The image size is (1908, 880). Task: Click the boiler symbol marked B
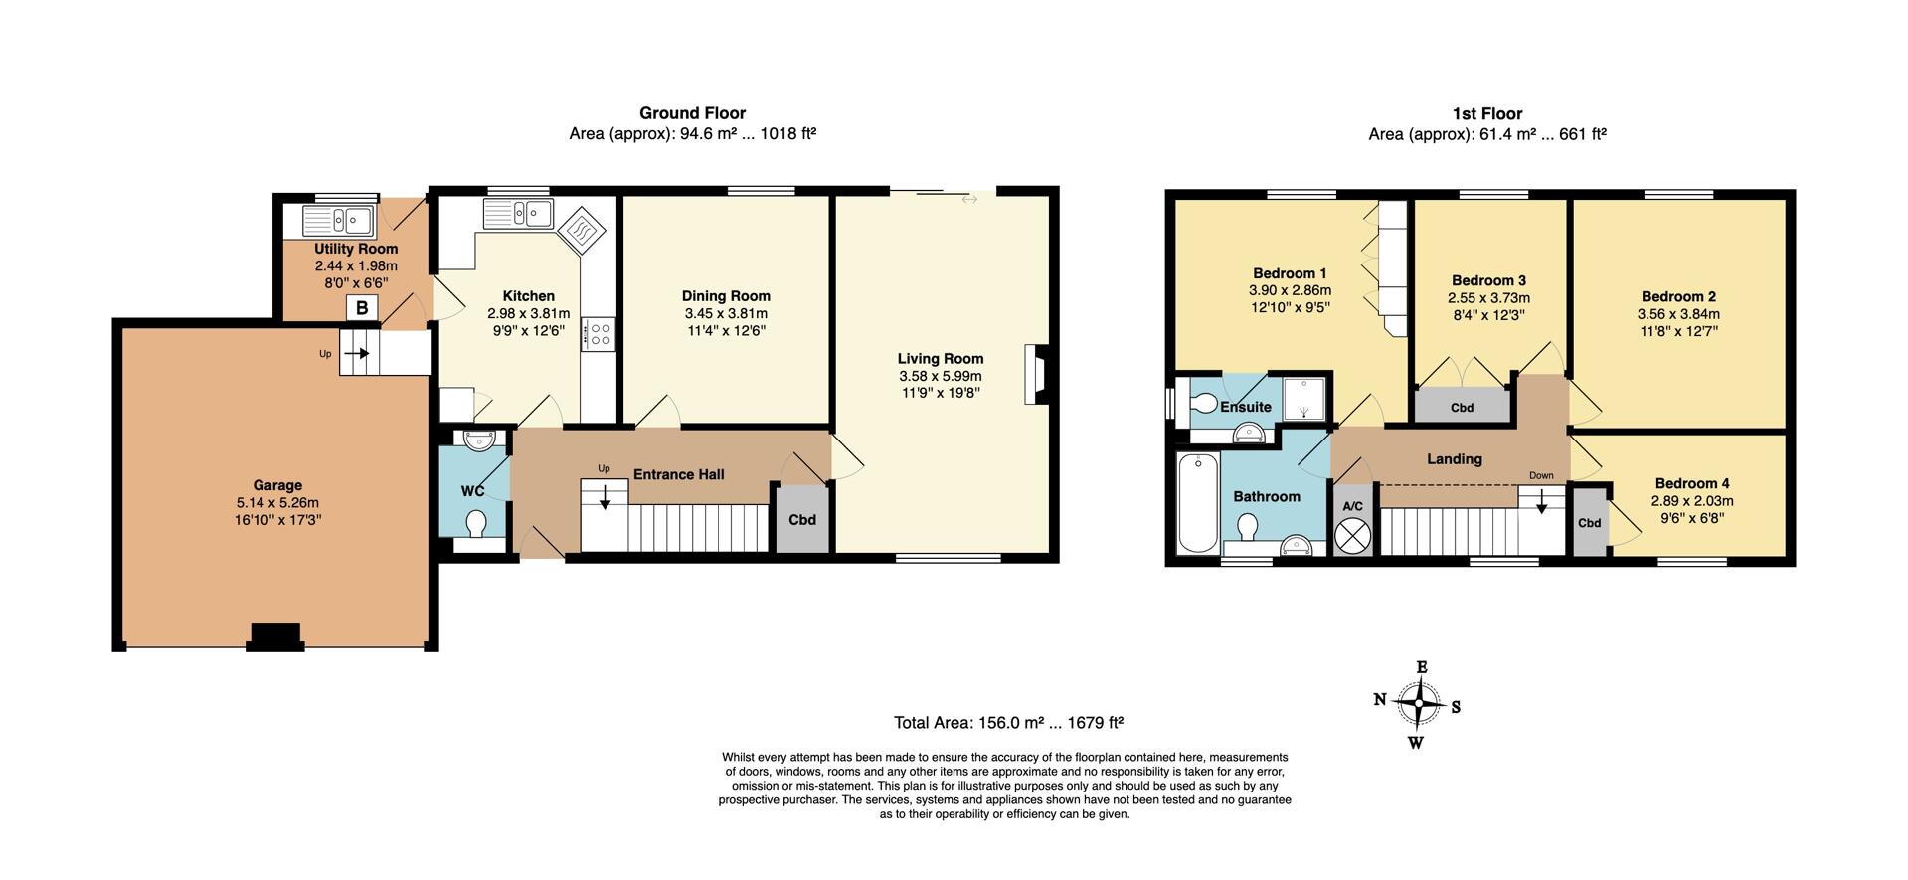[362, 308]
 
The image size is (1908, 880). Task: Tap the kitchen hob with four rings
[601, 333]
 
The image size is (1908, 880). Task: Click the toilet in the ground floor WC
[476, 524]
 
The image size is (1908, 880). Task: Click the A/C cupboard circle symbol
[1353, 535]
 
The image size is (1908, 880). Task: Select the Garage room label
[276, 485]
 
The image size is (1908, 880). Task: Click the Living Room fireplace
[1035, 374]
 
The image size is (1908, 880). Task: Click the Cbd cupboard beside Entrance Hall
[801, 519]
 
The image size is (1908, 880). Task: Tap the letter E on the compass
[1422, 667]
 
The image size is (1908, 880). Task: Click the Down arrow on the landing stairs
[1541, 503]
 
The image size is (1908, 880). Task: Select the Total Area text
[1008, 723]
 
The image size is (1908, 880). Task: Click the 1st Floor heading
[1486, 113]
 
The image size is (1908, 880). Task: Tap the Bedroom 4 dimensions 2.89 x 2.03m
[1691, 501]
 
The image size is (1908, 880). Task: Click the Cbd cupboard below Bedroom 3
[1462, 407]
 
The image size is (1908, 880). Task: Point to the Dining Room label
[726, 295]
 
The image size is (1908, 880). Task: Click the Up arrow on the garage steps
[356, 353]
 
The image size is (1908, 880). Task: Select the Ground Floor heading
[692, 113]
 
